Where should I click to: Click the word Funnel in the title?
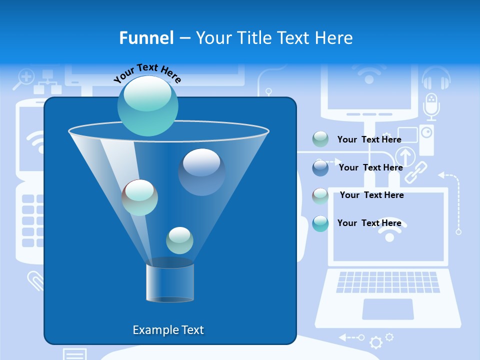(146, 38)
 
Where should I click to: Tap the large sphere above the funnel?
(147, 105)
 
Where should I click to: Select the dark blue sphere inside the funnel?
(201, 171)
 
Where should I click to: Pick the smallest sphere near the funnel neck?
(179, 240)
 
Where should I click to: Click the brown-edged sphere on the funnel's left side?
(139, 197)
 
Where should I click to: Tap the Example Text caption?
(168, 330)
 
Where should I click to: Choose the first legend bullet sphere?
(320, 139)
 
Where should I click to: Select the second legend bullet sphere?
(320, 167)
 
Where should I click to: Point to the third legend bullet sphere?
(320, 195)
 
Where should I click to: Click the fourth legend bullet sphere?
(320, 223)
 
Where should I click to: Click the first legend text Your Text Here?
(369, 139)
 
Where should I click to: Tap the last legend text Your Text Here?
(369, 223)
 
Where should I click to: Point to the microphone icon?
(431, 106)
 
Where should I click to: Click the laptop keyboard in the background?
(388, 282)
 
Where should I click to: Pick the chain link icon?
(415, 172)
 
